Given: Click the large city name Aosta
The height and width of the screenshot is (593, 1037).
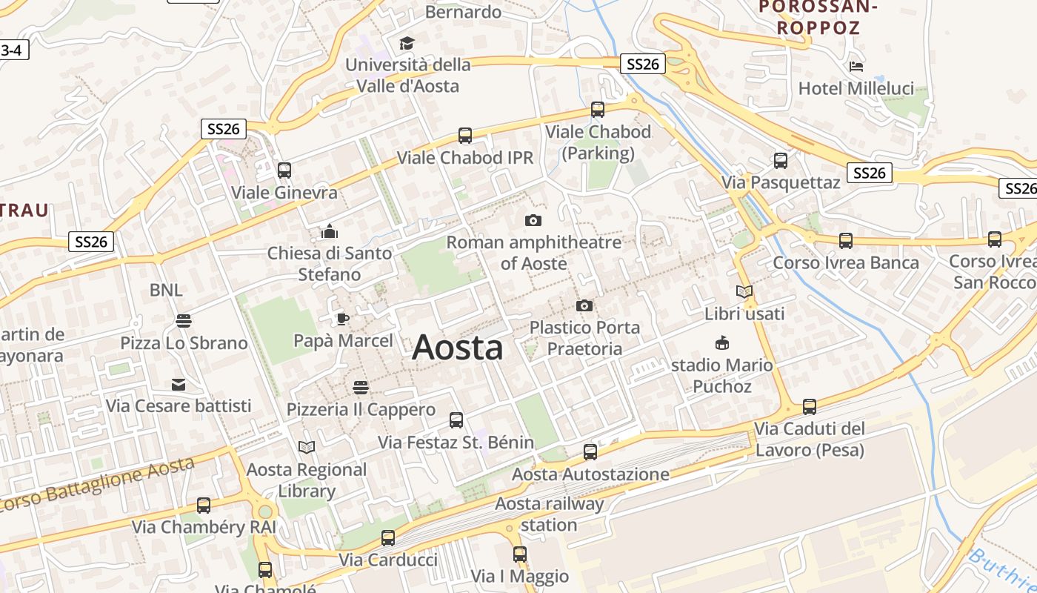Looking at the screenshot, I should click(457, 347).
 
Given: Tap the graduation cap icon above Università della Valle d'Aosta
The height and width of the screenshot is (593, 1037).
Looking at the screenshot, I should click(407, 43).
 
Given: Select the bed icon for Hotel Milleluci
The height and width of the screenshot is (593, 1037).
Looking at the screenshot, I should click(856, 67).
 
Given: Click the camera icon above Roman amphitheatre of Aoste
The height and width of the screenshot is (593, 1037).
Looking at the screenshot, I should click(533, 220).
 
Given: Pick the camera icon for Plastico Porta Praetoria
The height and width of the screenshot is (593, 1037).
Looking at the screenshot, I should click(584, 305).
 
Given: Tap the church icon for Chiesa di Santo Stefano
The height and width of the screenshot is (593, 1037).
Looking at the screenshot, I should click(330, 231).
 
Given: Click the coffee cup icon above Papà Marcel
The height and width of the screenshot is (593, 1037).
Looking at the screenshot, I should click(342, 319).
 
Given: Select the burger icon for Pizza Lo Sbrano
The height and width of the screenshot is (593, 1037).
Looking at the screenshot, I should click(184, 321).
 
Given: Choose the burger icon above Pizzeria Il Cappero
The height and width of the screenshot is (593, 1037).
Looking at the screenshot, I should click(361, 387).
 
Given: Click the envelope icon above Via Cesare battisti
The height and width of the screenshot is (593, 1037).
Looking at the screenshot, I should click(179, 384).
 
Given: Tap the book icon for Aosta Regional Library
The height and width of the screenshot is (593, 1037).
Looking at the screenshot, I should click(307, 447).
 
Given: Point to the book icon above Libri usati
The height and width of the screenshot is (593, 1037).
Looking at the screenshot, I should click(744, 292).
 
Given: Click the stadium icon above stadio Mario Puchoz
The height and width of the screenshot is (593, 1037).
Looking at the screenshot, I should click(722, 342).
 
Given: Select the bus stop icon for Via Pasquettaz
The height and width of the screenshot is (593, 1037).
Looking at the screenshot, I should click(781, 161).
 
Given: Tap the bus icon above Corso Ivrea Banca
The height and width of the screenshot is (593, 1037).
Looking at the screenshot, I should click(846, 241).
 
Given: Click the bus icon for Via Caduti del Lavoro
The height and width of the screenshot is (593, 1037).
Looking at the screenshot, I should click(810, 407).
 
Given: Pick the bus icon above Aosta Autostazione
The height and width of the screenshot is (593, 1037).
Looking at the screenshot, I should click(590, 452).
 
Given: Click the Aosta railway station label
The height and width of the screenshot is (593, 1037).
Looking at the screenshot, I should click(549, 514).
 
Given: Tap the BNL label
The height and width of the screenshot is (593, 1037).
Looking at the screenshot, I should click(166, 290).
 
